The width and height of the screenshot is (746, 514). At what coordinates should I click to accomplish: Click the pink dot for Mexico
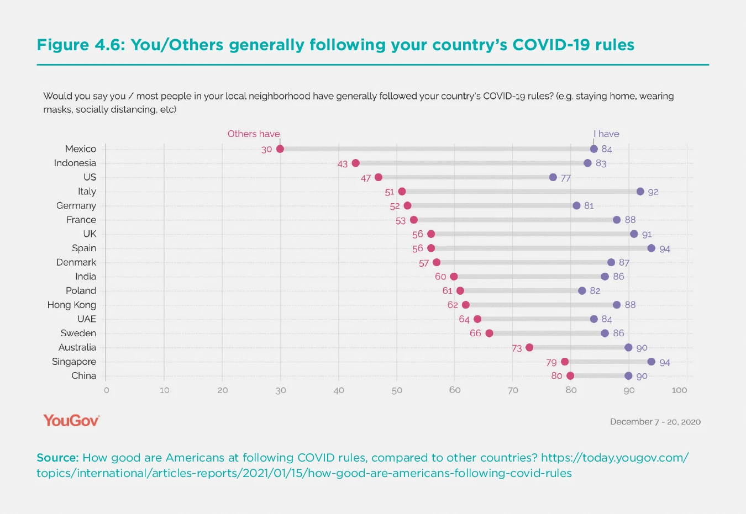tap(280, 149)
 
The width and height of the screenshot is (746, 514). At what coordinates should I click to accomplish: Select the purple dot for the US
tap(553, 177)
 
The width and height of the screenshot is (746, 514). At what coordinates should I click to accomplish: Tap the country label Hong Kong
tap(71, 305)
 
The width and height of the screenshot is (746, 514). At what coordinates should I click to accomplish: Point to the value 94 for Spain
tap(664, 249)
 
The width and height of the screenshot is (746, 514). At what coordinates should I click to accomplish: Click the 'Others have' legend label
tap(254, 134)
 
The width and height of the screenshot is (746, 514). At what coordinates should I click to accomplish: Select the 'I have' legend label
tap(606, 134)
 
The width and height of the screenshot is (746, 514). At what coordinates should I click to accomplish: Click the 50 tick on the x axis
tap(397, 390)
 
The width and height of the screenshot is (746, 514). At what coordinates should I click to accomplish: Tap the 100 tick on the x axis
tap(679, 390)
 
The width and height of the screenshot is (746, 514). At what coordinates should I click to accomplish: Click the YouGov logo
tap(71, 421)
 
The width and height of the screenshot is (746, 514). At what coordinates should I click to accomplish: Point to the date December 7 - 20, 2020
tap(655, 422)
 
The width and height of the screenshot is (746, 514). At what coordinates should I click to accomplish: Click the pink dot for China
tap(570, 376)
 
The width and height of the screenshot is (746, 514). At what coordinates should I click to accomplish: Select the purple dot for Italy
tap(640, 192)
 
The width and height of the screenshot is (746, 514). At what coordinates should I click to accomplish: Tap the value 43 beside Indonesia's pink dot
tap(343, 164)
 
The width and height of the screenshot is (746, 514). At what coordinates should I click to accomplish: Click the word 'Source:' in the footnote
tap(57, 458)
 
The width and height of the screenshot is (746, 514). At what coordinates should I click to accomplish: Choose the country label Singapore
tap(74, 362)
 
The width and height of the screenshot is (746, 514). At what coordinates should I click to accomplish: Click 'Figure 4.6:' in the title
tap(81, 45)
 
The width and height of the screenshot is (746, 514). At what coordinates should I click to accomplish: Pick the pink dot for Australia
tap(529, 347)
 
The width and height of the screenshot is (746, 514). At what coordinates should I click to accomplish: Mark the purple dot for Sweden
tap(605, 333)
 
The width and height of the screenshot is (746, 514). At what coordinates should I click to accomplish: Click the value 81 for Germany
tap(589, 205)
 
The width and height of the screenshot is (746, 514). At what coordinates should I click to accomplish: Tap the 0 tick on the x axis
tap(106, 390)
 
